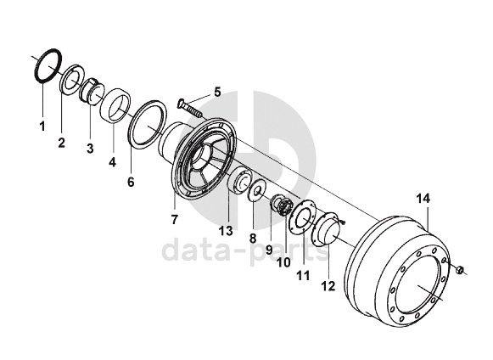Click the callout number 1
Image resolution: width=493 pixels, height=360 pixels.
[42, 126]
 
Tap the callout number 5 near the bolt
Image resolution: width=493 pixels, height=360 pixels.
[217, 93]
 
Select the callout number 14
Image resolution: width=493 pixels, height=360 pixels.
[423, 199]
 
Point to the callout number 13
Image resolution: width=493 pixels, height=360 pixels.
[226, 231]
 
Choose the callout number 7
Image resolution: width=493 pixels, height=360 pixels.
[175, 219]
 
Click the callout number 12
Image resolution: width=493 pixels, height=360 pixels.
[328, 286]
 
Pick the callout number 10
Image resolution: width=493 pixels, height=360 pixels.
[284, 262]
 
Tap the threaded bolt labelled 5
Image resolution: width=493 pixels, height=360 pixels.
[190, 108]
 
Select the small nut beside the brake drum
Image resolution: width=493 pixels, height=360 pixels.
[460, 270]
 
